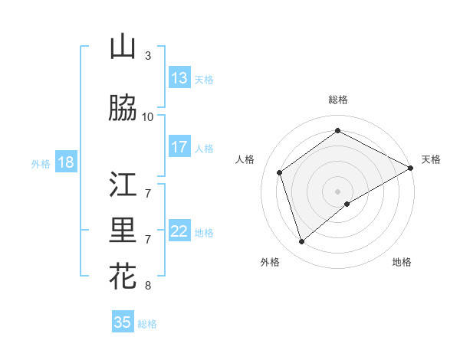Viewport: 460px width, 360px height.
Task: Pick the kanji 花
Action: pyautogui.click(x=123, y=276)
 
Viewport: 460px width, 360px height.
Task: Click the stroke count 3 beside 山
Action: pyautogui.click(x=148, y=56)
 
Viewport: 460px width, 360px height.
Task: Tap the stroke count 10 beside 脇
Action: pyautogui.click(x=148, y=116)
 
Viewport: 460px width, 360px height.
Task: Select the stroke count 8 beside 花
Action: pyautogui.click(x=148, y=286)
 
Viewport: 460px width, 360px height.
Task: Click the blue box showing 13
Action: pyautogui.click(x=179, y=78)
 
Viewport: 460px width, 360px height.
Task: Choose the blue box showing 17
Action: pyautogui.click(x=179, y=147)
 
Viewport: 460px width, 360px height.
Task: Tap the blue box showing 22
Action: pyautogui.click(x=179, y=231)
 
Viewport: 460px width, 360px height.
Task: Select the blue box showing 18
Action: pyautogui.click(x=65, y=162)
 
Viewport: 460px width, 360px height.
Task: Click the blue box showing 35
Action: pyautogui.click(x=123, y=322)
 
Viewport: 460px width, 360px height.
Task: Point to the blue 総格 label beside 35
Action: pyautogui.click(x=147, y=324)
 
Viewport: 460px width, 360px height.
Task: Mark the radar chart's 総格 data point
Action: pyautogui.click(x=337, y=130)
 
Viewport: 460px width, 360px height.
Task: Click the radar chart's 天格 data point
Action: pyautogui.click(x=410, y=169)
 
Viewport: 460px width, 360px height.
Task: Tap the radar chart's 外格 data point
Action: pyautogui.click(x=301, y=242)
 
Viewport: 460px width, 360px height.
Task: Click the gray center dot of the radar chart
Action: pyautogui.click(x=337, y=191)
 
